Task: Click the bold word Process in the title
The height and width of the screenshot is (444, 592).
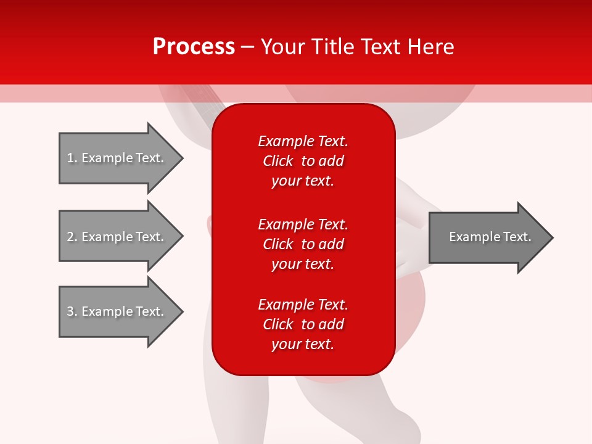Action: (194, 47)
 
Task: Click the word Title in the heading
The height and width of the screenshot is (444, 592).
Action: (332, 47)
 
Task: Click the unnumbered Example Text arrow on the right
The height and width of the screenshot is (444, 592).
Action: (490, 237)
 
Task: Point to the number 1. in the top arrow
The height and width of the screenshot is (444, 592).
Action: (72, 158)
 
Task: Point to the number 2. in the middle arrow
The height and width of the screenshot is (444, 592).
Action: (72, 237)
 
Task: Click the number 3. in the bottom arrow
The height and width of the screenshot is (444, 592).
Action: (72, 311)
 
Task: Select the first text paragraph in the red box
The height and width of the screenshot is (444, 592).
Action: (303, 161)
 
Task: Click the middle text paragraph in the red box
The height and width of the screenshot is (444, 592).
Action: (303, 244)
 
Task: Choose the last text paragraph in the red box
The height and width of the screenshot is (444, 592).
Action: (303, 324)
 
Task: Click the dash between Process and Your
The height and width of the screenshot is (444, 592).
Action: (248, 47)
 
